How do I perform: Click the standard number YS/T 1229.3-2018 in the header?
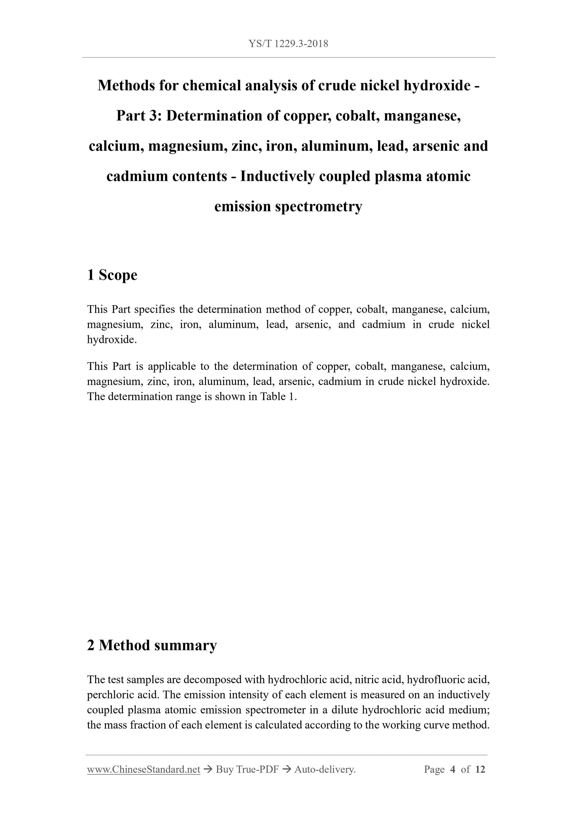pyautogui.click(x=288, y=44)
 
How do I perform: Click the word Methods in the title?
pyautogui.click(x=125, y=85)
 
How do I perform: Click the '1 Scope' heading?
pyautogui.click(x=112, y=275)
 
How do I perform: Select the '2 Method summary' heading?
pyautogui.click(x=152, y=645)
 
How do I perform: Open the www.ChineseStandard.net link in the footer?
pyautogui.click(x=144, y=769)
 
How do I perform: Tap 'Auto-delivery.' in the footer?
pyautogui.click(x=325, y=769)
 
